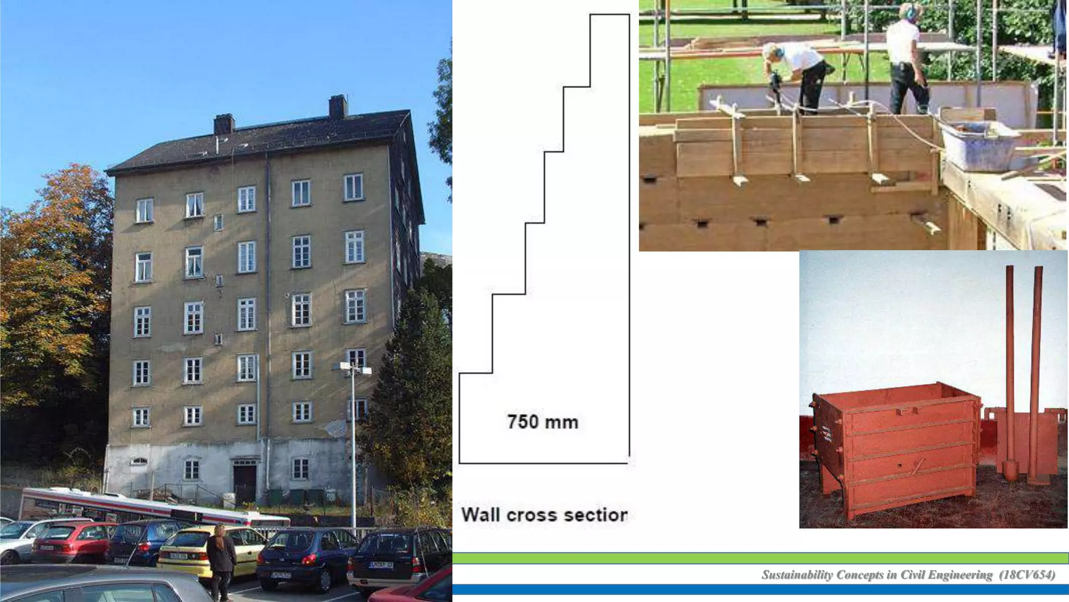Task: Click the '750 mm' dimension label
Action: coord(543,422)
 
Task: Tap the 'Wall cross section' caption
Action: coord(544,515)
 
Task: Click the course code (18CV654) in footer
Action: coord(1027,575)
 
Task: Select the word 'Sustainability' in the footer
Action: coord(797,575)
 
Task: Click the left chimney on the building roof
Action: coord(224,124)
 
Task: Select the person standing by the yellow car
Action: coord(221,562)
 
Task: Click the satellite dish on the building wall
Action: coord(336,429)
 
